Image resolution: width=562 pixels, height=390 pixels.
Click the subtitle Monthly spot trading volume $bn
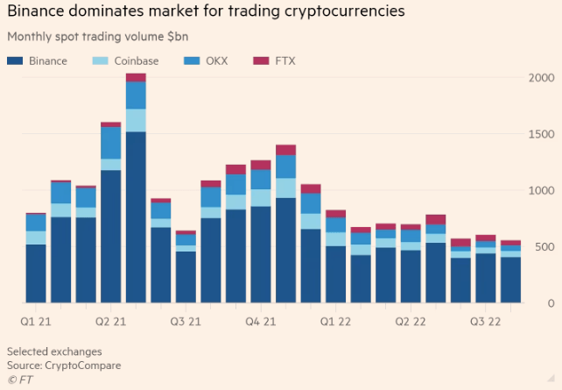tap(97, 37)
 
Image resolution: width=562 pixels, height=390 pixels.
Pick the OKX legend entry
tap(215, 60)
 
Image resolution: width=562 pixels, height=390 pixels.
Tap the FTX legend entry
tap(285, 60)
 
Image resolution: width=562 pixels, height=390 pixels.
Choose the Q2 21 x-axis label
tap(111, 322)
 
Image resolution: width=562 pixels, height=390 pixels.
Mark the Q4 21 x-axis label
tap(261, 322)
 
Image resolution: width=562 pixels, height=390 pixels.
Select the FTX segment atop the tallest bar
tap(136, 78)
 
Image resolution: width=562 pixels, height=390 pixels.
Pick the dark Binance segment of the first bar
tap(35, 273)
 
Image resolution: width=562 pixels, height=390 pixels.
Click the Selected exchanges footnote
tap(54, 351)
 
